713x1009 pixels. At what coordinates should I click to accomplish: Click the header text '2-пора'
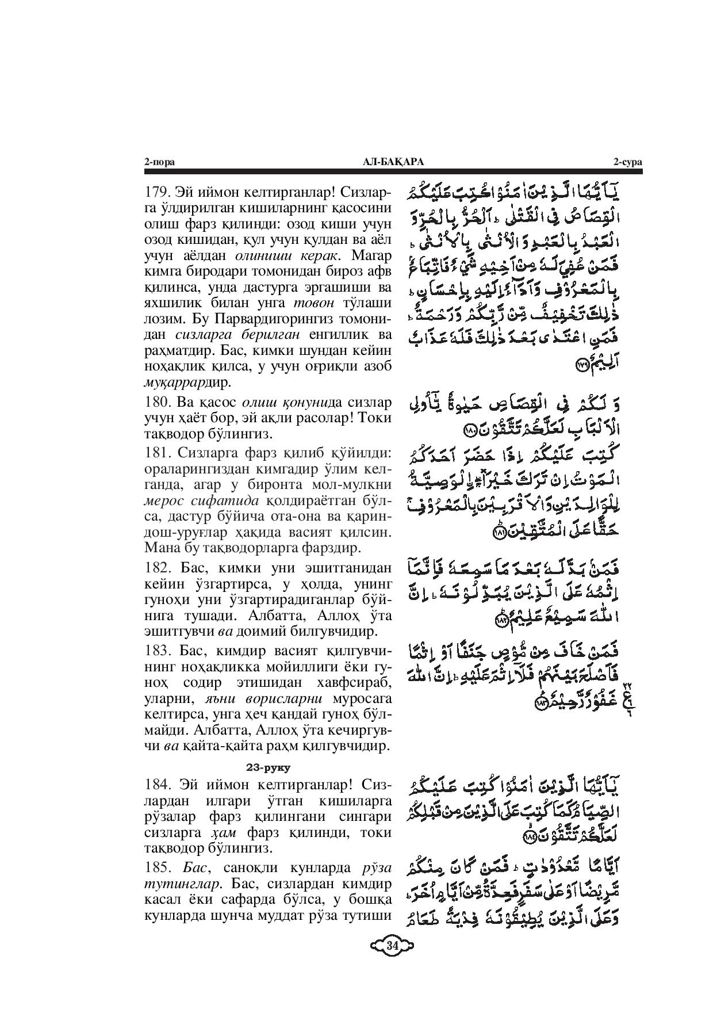159,162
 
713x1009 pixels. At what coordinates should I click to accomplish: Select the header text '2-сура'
627,162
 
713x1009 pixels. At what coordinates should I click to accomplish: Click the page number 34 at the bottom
393,945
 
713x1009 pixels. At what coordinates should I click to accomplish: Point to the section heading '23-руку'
268,767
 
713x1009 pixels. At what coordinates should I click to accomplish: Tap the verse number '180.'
156,402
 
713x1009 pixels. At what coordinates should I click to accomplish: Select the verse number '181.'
156,452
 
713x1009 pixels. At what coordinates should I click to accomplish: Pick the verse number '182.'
156,568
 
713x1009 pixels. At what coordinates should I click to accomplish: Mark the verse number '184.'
156,785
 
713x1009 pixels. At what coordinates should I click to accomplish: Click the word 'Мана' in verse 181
162,547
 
